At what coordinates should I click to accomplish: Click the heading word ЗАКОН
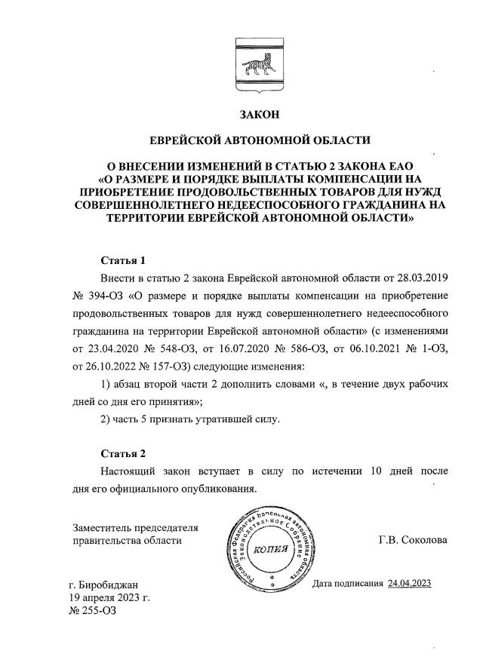[x=259, y=115]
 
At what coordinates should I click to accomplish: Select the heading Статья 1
[x=123, y=260]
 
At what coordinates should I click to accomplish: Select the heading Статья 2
[x=123, y=453]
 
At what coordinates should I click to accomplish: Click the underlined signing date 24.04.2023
[x=409, y=584]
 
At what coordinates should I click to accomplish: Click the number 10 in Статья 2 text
[x=372, y=471]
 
